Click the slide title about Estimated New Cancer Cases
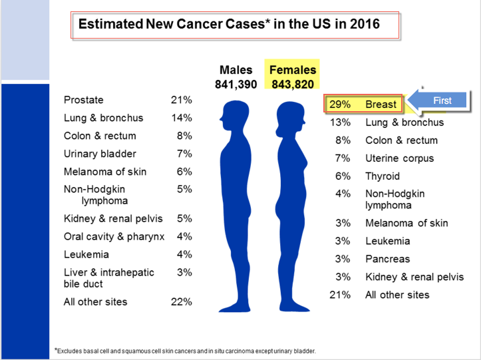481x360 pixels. [x=230, y=25]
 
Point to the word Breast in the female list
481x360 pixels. [x=381, y=104]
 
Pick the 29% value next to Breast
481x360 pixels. [x=340, y=104]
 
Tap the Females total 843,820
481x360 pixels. [x=292, y=84]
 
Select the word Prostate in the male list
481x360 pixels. [x=84, y=100]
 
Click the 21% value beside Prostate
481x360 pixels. [x=181, y=100]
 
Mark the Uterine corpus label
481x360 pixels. [x=399, y=158]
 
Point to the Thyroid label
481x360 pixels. [x=383, y=176]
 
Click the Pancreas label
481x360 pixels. [x=387, y=259]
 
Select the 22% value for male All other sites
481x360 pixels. [x=181, y=301]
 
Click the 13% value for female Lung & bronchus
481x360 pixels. [x=340, y=122]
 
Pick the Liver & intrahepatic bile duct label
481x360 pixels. [x=109, y=278]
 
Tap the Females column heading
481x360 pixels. [x=293, y=70]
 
